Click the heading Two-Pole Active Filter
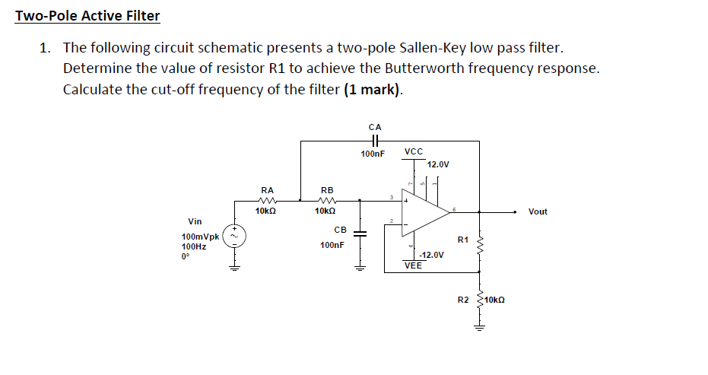(x=87, y=16)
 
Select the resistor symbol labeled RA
(x=267, y=202)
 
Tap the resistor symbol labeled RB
(x=327, y=202)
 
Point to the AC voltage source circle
(x=235, y=237)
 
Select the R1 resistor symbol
(x=479, y=244)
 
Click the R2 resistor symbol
(x=479, y=300)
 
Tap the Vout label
(x=538, y=211)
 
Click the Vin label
(x=195, y=221)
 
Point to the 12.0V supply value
(x=438, y=164)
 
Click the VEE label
(x=413, y=266)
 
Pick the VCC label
(x=414, y=151)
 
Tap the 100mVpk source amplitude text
(x=200, y=237)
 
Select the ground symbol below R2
(x=479, y=328)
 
